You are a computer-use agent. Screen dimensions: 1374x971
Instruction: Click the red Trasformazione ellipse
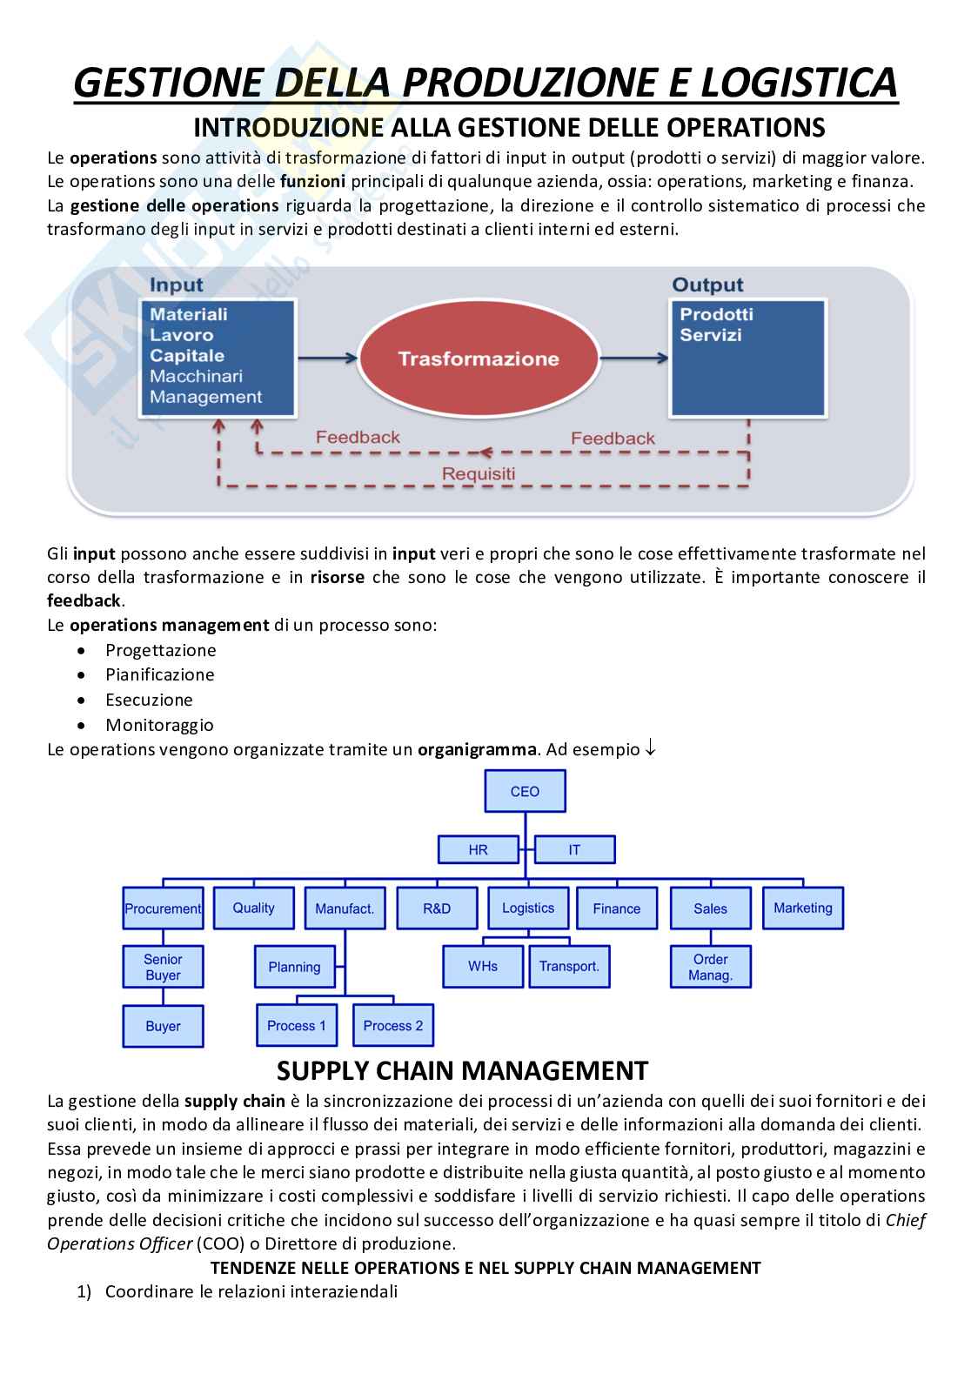click(478, 359)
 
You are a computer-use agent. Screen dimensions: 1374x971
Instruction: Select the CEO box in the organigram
click(525, 791)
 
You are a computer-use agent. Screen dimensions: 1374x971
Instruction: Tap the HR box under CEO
click(478, 849)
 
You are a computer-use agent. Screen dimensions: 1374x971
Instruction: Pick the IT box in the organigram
click(574, 849)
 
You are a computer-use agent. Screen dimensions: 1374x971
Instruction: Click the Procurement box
click(163, 908)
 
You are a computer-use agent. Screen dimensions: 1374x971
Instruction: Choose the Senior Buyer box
click(163, 967)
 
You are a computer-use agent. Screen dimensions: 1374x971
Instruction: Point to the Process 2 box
click(392, 1025)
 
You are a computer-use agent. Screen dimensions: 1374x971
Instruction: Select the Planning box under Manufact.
click(294, 967)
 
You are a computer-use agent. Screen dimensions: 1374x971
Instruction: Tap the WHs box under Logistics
click(483, 966)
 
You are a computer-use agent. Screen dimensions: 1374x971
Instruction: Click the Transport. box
click(569, 966)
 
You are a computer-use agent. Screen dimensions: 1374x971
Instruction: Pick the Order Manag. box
click(710, 967)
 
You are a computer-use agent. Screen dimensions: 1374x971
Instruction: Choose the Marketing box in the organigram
click(802, 908)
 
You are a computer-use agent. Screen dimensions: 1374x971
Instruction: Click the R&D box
click(437, 908)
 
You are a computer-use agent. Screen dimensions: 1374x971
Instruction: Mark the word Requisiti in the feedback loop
click(478, 473)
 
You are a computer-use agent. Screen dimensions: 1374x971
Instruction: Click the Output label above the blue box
click(707, 285)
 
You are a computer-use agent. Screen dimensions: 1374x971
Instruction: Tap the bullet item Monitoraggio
click(159, 725)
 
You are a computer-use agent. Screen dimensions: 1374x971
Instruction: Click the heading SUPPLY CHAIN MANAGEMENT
click(462, 1070)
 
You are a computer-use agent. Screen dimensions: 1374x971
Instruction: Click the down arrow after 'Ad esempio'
click(650, 749)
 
